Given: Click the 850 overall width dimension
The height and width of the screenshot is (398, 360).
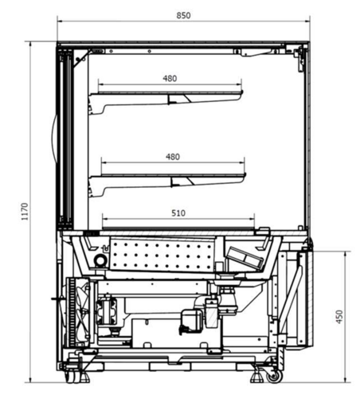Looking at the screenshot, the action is (183, 16).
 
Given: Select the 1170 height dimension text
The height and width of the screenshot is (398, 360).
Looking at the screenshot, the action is (25, 212).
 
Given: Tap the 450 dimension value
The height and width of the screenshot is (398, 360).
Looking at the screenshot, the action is (339, 317).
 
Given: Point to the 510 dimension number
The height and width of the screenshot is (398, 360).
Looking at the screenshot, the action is (178, 213).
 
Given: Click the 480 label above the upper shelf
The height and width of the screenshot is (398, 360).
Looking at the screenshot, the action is (170, 79).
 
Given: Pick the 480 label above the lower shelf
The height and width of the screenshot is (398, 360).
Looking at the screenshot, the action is (173, 157).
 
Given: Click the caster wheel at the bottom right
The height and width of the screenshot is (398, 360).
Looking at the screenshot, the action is (275, 377).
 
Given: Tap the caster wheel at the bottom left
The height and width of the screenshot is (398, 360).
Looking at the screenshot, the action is (71, 377).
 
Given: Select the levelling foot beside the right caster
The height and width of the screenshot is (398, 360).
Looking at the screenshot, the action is (257, 377).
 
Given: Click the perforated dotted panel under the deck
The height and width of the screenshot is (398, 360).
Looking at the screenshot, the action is (162, 254).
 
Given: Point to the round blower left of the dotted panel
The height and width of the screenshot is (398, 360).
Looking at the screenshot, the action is (100, 260).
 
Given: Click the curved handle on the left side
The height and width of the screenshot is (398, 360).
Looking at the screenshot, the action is (54, 138).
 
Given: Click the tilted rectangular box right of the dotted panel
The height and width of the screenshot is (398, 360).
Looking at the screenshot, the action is (245, 258).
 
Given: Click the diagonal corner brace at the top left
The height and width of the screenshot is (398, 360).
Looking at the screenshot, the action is (81, 58).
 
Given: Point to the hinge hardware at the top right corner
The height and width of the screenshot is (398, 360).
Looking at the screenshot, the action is (301, 58).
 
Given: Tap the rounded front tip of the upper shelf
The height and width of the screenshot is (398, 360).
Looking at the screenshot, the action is (242, 92).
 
